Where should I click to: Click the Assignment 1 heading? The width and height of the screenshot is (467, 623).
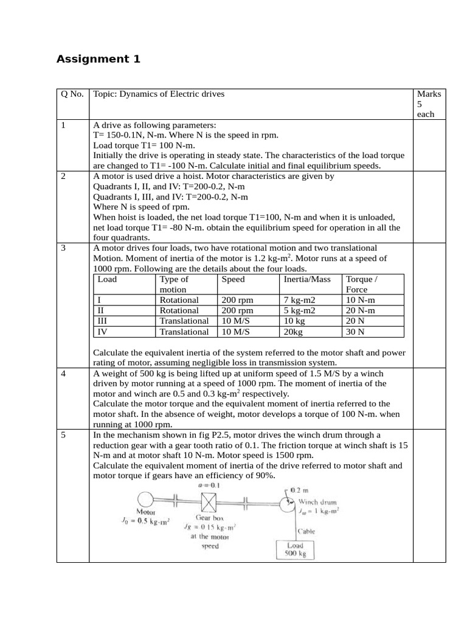(x=98, y=59)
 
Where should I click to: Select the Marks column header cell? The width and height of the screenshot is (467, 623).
(x=429, y=103)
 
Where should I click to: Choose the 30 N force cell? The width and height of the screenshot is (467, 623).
(x=355, y=332)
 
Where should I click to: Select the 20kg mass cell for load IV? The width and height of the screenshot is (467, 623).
(x=293, y=332)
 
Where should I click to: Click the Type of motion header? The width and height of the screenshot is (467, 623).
(x=174, y=285)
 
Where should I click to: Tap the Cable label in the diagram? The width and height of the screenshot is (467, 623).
(x=306, y=531)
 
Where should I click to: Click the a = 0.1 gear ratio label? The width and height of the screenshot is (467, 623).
(x=209, y=486)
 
